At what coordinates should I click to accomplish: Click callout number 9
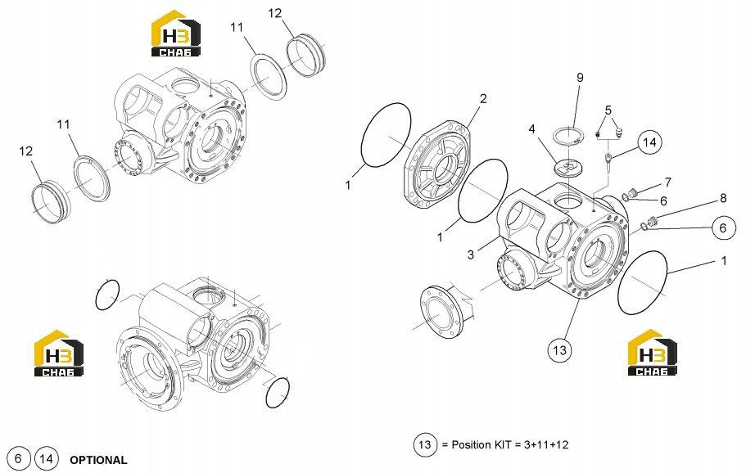point(580,78)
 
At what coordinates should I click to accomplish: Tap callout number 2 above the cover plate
point(483,99)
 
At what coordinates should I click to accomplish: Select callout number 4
point(532,128)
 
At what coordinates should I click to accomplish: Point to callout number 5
point(608,110)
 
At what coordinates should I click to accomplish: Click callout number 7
point(668,182)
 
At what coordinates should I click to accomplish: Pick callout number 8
point(723,198)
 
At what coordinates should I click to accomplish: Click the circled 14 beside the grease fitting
point(649,142)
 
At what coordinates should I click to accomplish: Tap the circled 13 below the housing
point(559,350)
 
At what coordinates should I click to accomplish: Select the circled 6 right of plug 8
point(723,228)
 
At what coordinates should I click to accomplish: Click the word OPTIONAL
point(98,460)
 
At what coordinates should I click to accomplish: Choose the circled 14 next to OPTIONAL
point(46,458)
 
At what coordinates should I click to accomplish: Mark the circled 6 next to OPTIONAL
point(18,458)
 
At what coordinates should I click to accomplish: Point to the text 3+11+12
point(545,445)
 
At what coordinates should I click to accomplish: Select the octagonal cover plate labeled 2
point(437,164)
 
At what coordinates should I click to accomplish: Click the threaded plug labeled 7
point(633,192)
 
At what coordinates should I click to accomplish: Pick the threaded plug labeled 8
point(653,220)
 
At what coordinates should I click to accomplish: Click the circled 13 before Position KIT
point(424,445)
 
